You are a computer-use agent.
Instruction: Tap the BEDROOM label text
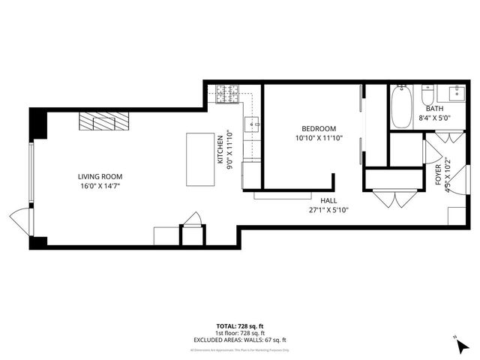click(319, 128)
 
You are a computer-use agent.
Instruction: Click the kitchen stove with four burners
click(228, 94)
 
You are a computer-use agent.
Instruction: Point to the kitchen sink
click(253, 123)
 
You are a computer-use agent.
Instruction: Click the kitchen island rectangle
click(199, 158)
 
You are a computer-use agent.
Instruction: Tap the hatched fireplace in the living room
click(103, 121)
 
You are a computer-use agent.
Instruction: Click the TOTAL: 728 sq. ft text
click(239, 326)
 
